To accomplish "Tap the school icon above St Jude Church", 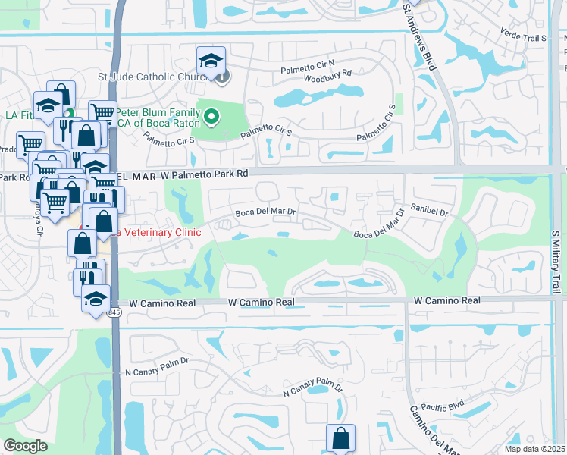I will (211, 60).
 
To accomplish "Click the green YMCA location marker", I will (212, 117).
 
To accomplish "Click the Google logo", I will (25, 446).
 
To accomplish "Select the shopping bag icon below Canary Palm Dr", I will (340, 438).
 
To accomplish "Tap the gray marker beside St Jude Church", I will (221, 76).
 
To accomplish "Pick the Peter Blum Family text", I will (157, 111).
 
